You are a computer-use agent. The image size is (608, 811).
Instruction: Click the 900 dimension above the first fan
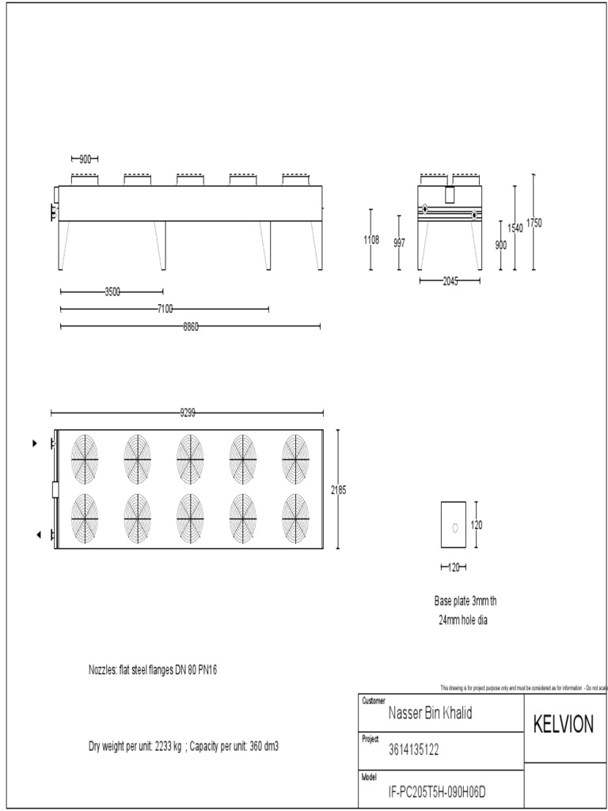tap(85, 158)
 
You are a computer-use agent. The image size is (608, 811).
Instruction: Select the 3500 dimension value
tap(112, 291)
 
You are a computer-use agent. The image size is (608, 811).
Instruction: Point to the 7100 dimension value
tap(165, 309)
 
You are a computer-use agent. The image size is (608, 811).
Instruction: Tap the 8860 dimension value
tap(191, 326)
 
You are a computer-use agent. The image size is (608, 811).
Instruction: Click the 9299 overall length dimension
tap(188, 413)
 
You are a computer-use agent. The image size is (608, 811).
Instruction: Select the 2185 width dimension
tap(338, 490)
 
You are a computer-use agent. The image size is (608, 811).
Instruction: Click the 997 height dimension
tap(400, 243)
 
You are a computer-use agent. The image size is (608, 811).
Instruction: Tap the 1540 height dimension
tap(515, 228)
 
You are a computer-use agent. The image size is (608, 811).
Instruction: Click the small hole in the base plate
tap(454, 527)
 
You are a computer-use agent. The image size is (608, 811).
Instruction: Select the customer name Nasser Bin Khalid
tap(430, 714)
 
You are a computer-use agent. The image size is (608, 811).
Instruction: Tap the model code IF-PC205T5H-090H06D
tap(436, 790)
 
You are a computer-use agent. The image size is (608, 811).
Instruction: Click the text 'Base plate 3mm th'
tap(465, 601)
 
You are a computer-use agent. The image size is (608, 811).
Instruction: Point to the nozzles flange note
tap(152, 670)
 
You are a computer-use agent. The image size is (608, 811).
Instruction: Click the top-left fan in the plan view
tap(85, 459)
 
